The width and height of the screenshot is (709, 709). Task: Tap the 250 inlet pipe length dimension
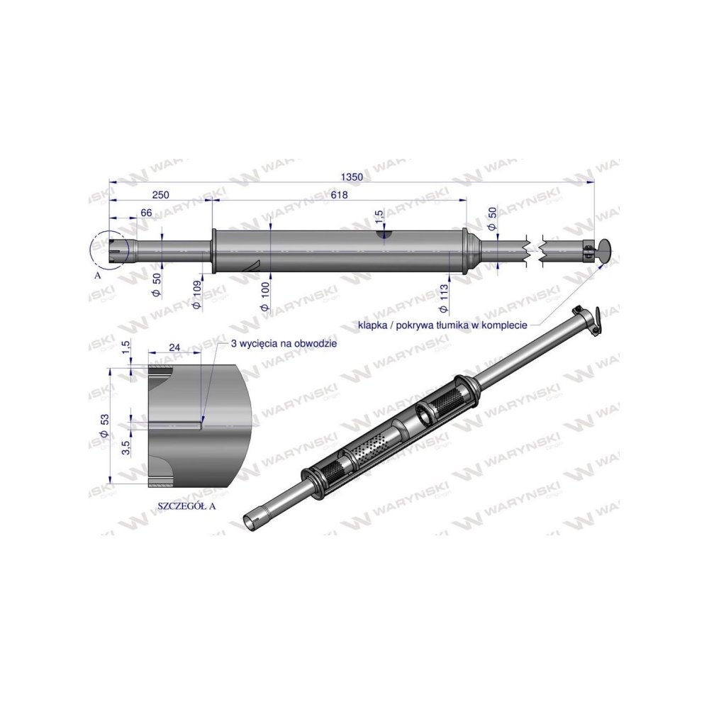[160, 195]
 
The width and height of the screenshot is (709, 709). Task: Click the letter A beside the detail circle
[97, 276]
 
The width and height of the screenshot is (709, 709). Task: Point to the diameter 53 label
[105, 426]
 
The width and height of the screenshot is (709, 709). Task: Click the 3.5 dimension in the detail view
[125, 447]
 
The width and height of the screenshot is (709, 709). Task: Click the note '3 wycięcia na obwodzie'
[284, 342]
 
